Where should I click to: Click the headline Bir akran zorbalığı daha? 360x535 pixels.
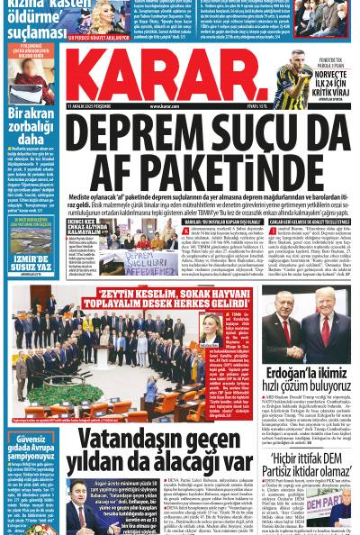pyautogui.click(x=31, y=127)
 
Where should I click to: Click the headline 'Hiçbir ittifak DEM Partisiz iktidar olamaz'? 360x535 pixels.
pyautogui.click(x=310, y=465)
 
